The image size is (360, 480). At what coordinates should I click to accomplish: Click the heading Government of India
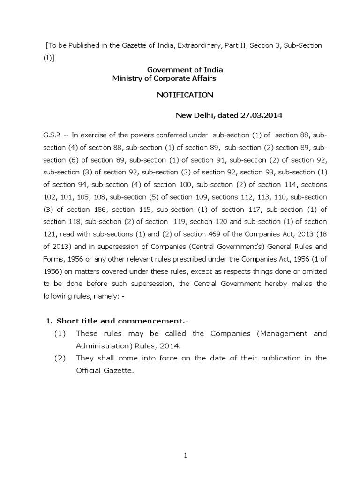[x=185, y=70]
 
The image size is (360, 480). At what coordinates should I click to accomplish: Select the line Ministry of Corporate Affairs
[x=164, y=78]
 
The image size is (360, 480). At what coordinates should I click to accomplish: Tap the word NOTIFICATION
[x=185, y=95]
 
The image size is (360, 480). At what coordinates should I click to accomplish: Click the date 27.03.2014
[x=260, y=115]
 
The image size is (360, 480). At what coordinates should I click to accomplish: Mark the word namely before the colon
[x=97, y=296]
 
